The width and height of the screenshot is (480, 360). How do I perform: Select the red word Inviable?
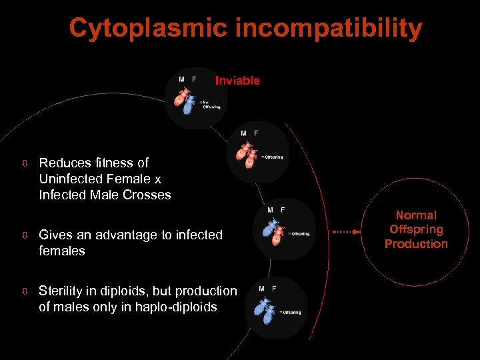coord(237,81)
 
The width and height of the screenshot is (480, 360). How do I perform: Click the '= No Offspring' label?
coord(211,104)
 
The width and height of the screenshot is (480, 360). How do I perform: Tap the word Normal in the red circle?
coord(416,215)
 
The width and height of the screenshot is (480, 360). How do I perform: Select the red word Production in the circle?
coord(416,244)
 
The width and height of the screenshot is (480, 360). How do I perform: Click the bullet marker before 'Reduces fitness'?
coord(25,163)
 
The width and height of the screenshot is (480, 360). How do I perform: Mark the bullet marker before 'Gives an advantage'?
coord(25,235)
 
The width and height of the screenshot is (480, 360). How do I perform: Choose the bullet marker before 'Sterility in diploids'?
coord(25,291)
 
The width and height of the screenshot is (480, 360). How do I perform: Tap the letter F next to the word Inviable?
coord(194,79)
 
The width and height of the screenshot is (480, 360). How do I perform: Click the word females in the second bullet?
coord(62,251)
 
